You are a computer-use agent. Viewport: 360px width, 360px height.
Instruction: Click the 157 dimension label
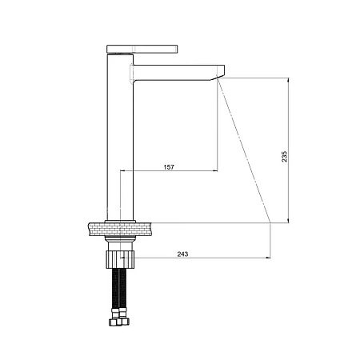click(x=169, y=167)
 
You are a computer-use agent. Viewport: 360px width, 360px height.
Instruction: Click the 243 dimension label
click(x=182, y=254)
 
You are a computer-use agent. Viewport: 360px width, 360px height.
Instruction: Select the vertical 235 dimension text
click(x=285, y=157)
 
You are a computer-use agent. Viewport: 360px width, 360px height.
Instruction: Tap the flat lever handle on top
click(x=142, y=49)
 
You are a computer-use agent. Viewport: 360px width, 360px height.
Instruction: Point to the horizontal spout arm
click(x=178, y=72)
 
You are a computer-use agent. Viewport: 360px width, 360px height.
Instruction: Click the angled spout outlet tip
click(x=218, y=78)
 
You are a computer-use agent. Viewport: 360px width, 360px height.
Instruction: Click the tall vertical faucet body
click(x=120, y=137)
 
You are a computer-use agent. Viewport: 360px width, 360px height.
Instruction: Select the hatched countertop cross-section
click(x=120, y=230)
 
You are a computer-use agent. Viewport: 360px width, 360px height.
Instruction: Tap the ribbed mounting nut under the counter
click(x=121, y=259)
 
